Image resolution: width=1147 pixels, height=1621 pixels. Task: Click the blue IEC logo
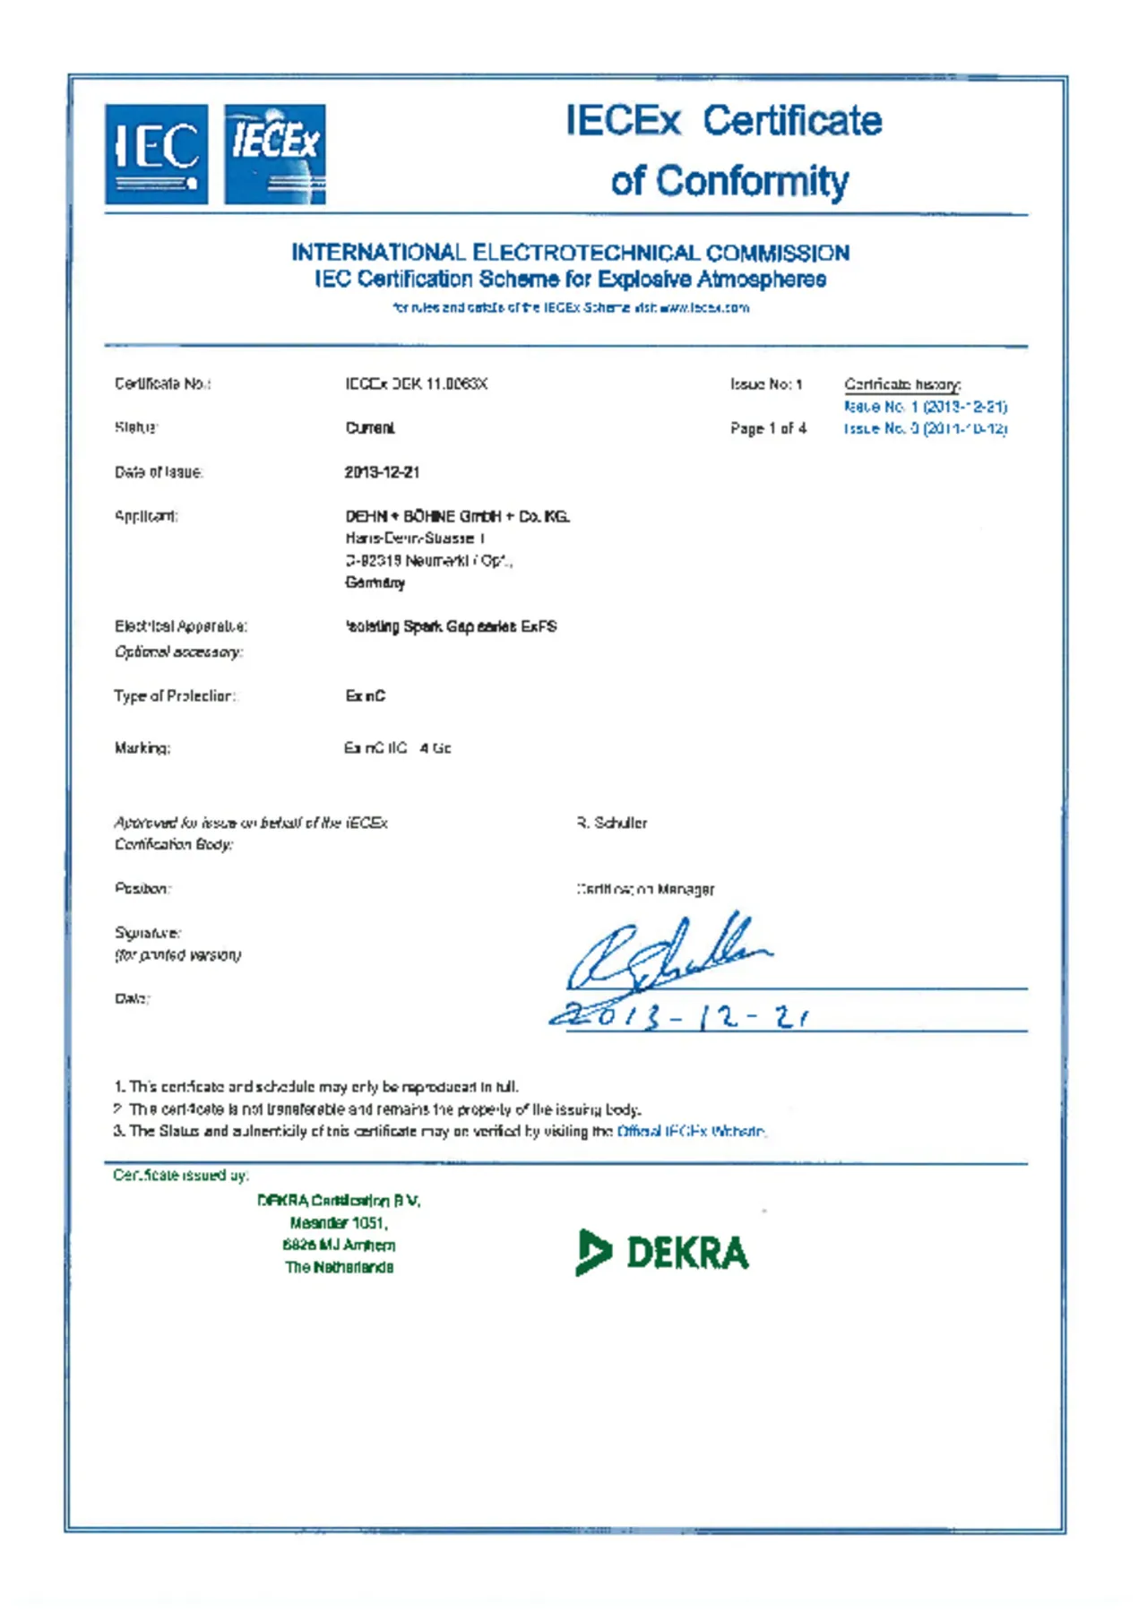[x=156, y=154]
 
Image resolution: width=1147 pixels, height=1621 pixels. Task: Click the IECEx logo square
[x=274, y=154]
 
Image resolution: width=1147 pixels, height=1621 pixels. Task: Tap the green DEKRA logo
[x=662, y=1252]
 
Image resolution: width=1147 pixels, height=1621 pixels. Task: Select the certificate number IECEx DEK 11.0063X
[x=416, y=384]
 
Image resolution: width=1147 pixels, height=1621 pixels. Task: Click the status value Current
[x=370, y=428]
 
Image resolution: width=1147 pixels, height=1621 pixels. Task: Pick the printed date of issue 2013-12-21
[x=382, y=472]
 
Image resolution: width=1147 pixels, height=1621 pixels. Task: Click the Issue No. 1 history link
[x=925, y=407]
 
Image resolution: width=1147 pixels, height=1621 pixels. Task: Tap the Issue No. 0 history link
[x=925, y=429]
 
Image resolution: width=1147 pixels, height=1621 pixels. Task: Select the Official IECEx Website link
[x=691, y=1132]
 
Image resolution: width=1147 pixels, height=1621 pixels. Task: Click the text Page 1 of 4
[x=768, y=428]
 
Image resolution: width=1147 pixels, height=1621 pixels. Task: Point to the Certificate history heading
[x=901, y=384]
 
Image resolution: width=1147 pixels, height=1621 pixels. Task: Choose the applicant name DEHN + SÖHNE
[x=457, y=516]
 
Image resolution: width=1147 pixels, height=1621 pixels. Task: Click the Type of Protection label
[x=174, y=696]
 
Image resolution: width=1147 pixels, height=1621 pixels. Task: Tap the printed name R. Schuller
[x=612, y=823]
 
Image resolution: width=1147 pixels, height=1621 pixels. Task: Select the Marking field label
[x=142, y=748]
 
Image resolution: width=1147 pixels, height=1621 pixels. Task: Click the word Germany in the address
[x=375, y=582]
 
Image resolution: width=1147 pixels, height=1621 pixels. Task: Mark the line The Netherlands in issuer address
[x=339, y=1267]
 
